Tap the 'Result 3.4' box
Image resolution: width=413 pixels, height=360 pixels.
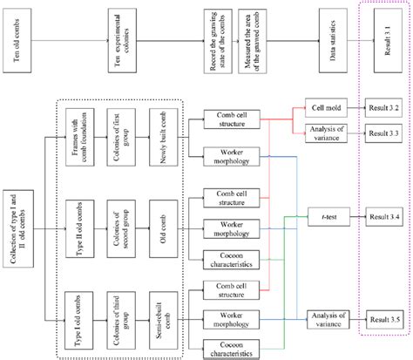point(384,214)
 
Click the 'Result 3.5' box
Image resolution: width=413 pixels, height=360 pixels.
point(384,318)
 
